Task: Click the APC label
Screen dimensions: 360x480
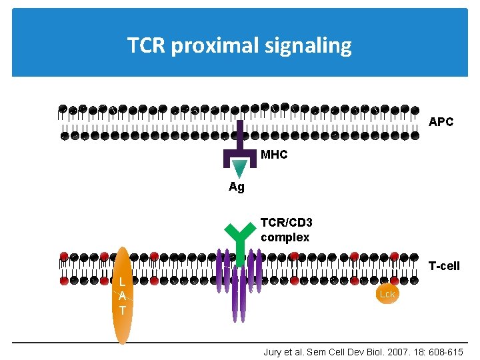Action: click(x=441, y=122)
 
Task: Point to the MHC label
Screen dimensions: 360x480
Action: click(x=274, y=155)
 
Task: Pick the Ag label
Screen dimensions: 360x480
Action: click(x=237, y=187)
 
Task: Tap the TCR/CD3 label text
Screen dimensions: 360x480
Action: click(x=286, y=223)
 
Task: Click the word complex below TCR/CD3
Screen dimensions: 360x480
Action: click(x=285, y=237)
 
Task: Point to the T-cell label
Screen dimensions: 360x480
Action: click(x=444, y=266)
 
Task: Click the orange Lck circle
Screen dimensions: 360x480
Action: click(x=387, y=294)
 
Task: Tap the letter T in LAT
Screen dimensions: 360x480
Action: click(x=122, y=310)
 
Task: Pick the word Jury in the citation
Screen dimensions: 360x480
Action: click(x=274, y=351)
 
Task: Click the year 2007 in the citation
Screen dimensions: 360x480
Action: click(x=387, y=351)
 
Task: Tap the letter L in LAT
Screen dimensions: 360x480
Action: click(x=122, y=282)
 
